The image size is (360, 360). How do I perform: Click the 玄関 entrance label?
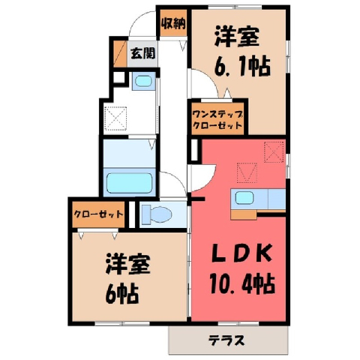pyautogui.click(x=143, y=53)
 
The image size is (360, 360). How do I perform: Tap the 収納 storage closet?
pyautogui.click(x=173, y=23)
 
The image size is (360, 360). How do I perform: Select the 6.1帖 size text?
pyautogui.click(x=242, y=67)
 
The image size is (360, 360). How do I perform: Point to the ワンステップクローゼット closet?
pyautogui.click(x=217, y=118)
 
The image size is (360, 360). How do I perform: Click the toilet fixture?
pyautogui.click(x=156, y=214)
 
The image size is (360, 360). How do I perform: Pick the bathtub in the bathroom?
pyautogui.click(x=130, y=183)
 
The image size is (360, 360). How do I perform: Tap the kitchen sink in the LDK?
pyautogui.click(x=244, y=197)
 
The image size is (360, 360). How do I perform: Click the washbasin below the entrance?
pyautogui.click(x=143, y=81)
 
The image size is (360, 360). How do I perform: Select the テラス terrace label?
pyautogui.click(x=226, y=340)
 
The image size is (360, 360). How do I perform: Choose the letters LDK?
pyautogui.click(x=241, y=253)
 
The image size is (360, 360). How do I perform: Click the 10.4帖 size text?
pyautogui.click(x=242, y=284)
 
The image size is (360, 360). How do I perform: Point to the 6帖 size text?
pyautogui.click(x=121, y=294)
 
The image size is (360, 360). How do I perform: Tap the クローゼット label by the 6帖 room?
pyautogui.click(x=98, y=214)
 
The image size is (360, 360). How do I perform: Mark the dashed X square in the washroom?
pyautogui.click(x=115, y=118)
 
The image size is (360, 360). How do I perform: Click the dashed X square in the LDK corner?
pyautogui.click(x=274, y=151)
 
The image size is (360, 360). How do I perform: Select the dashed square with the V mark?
pyautogui.click(x=247, y=172)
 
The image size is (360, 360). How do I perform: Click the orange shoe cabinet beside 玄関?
pyautogui.click(x=120, y=53)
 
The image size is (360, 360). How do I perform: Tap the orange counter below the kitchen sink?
pyautogui.click(x=244, y=214)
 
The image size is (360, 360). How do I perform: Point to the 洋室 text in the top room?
pyautogui.click(x=236, y=37)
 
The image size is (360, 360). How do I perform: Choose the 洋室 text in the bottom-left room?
pyautogui.click(x=127, y=264)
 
